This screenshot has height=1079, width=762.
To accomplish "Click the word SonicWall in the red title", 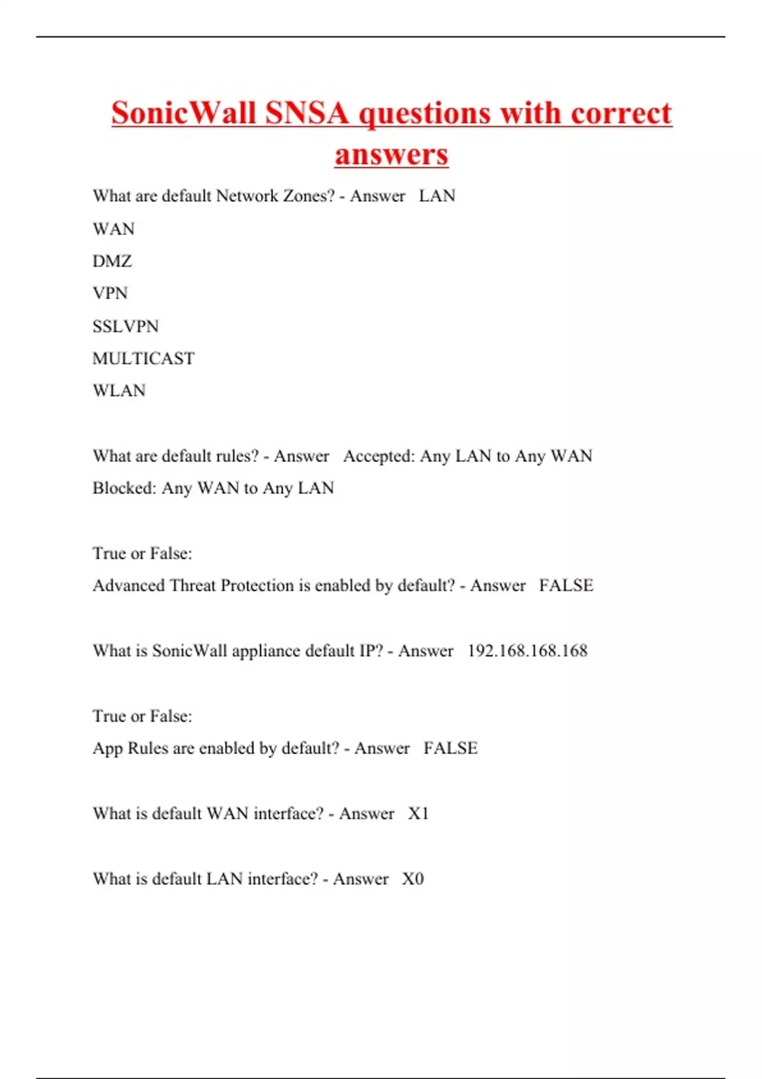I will point(184,114).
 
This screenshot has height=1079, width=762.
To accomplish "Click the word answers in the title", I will point(391,154).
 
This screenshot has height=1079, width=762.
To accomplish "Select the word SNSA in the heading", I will point(307,114).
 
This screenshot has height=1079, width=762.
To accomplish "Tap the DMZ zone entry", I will point(112,261).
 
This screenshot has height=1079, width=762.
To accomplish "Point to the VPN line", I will point(110,293).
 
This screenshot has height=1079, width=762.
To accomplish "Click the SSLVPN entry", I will point(126,326).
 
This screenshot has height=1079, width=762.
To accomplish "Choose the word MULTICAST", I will point(144,359).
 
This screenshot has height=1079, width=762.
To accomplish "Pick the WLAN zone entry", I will point(119,390).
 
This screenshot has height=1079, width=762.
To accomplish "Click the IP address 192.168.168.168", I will point(527,651).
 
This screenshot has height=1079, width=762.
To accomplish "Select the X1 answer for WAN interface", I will point(418,814).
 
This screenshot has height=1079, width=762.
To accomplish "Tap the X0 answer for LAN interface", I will point(413,879).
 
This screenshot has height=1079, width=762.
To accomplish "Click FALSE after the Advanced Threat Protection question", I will point(566,585).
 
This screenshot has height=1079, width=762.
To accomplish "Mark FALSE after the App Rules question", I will point(450,748).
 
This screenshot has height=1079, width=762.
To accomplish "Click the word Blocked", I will point(124,488).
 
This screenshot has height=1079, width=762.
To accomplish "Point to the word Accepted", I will point(378,456).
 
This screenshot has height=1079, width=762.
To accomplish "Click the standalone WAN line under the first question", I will point(114,228).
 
